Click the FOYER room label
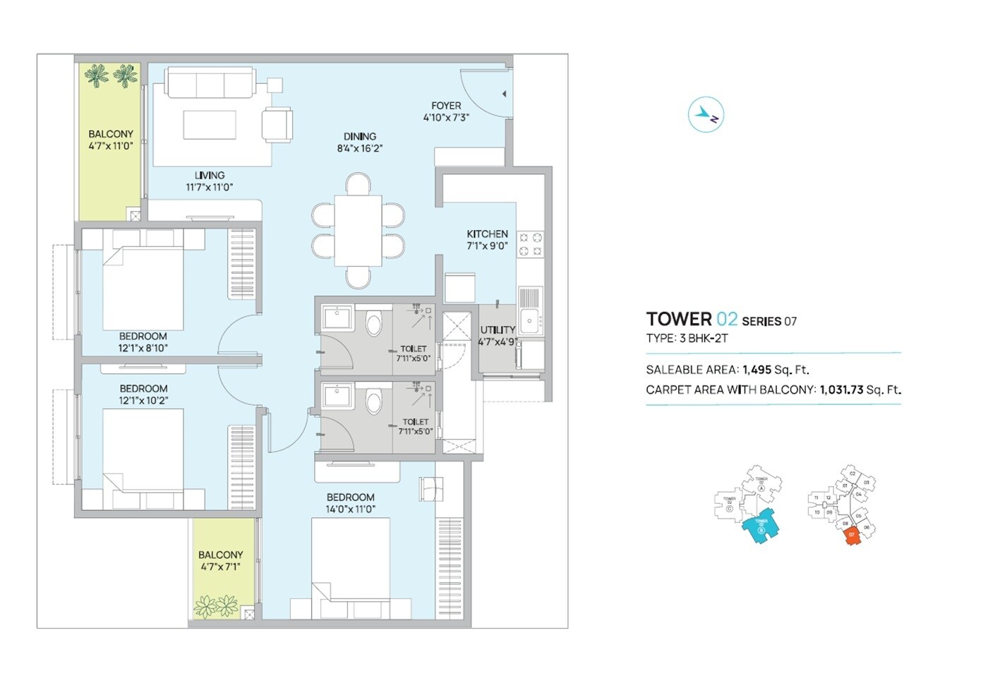(x=446, y=106)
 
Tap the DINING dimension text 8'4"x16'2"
(x=360, y=149)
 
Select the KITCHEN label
(x=487, y=234)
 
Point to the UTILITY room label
(x=498, y=330)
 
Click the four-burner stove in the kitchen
(x=531, y=244)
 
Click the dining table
(x=359, y=230)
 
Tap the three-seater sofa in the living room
(x=210, y=83)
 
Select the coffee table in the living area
(x=210, y=125)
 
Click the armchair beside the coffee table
(x=277, y=125)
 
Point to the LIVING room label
(x=210, y=175)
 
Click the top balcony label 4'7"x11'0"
(x=111, y=146)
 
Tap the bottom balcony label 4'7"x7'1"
(x=220, y=567)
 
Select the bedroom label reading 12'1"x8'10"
(x=143, y=348)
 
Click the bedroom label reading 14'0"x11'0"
(x=351, y=509)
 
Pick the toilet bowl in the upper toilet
(x=373, y=325)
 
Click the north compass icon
(x=706, y=114)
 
